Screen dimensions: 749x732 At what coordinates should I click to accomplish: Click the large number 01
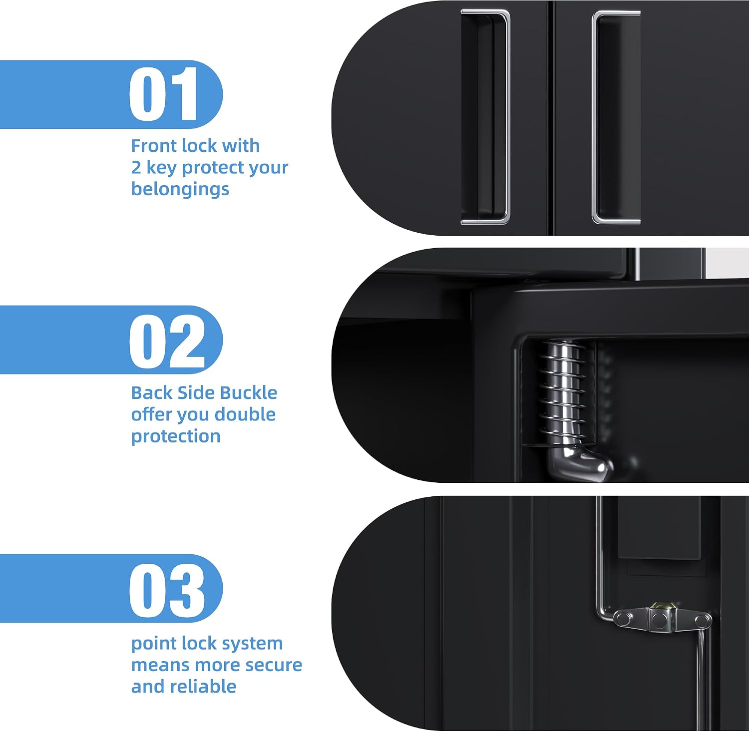164,94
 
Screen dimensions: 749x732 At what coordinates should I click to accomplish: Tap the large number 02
167,342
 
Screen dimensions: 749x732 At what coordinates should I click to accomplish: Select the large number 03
167,590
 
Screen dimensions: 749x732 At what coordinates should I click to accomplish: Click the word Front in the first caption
153,146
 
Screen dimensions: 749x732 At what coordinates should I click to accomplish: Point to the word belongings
180,190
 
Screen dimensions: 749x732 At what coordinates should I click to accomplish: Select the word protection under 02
176,437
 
